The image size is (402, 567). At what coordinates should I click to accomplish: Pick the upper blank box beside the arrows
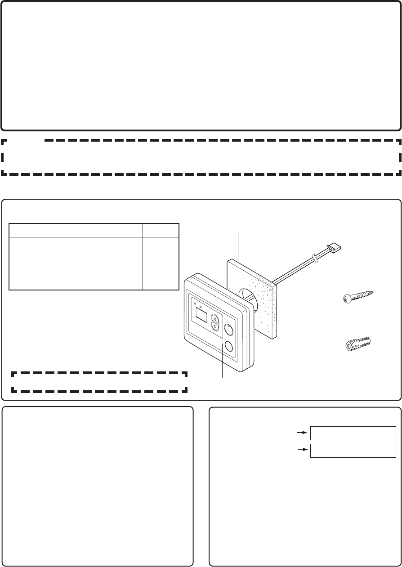pos(353,433)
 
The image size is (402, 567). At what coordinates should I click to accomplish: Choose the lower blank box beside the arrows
pos(353,450)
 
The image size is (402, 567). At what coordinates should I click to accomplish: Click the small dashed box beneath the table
pos(99,382)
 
